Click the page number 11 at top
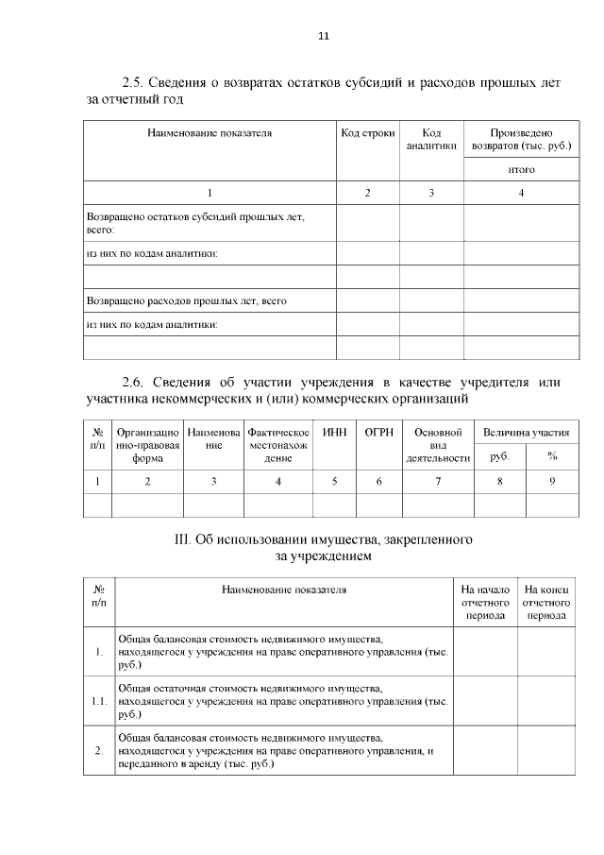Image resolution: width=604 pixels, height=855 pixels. click(323, 36)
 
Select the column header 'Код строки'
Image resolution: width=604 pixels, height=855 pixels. click(368, 133)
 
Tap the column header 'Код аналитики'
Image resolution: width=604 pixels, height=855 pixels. click(431, 140)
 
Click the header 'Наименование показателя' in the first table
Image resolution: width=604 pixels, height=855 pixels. click(210, 133)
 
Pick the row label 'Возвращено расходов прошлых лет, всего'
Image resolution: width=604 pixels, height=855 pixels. click(186, 301)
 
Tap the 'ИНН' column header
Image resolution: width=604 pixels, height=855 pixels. click(334, 432)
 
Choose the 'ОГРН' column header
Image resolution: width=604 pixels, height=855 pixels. click(378, 432)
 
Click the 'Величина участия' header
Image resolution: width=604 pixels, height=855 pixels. click(526, 433)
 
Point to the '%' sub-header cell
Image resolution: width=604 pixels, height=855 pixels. click(552, 456)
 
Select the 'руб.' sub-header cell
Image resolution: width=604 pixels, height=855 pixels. click(499, 456)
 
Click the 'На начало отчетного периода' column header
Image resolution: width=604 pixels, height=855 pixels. click(485, 602)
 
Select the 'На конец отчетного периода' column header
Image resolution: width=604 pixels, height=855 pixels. click(547, 602)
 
